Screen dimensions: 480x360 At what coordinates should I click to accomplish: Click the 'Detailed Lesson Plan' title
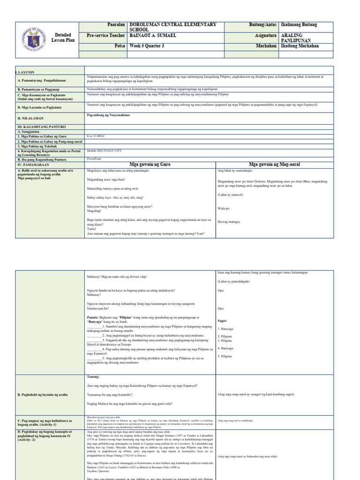pyautogui.click(x=63, y=37)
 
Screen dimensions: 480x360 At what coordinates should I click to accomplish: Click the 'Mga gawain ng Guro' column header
pyautogui.click(x=149, y=165)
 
